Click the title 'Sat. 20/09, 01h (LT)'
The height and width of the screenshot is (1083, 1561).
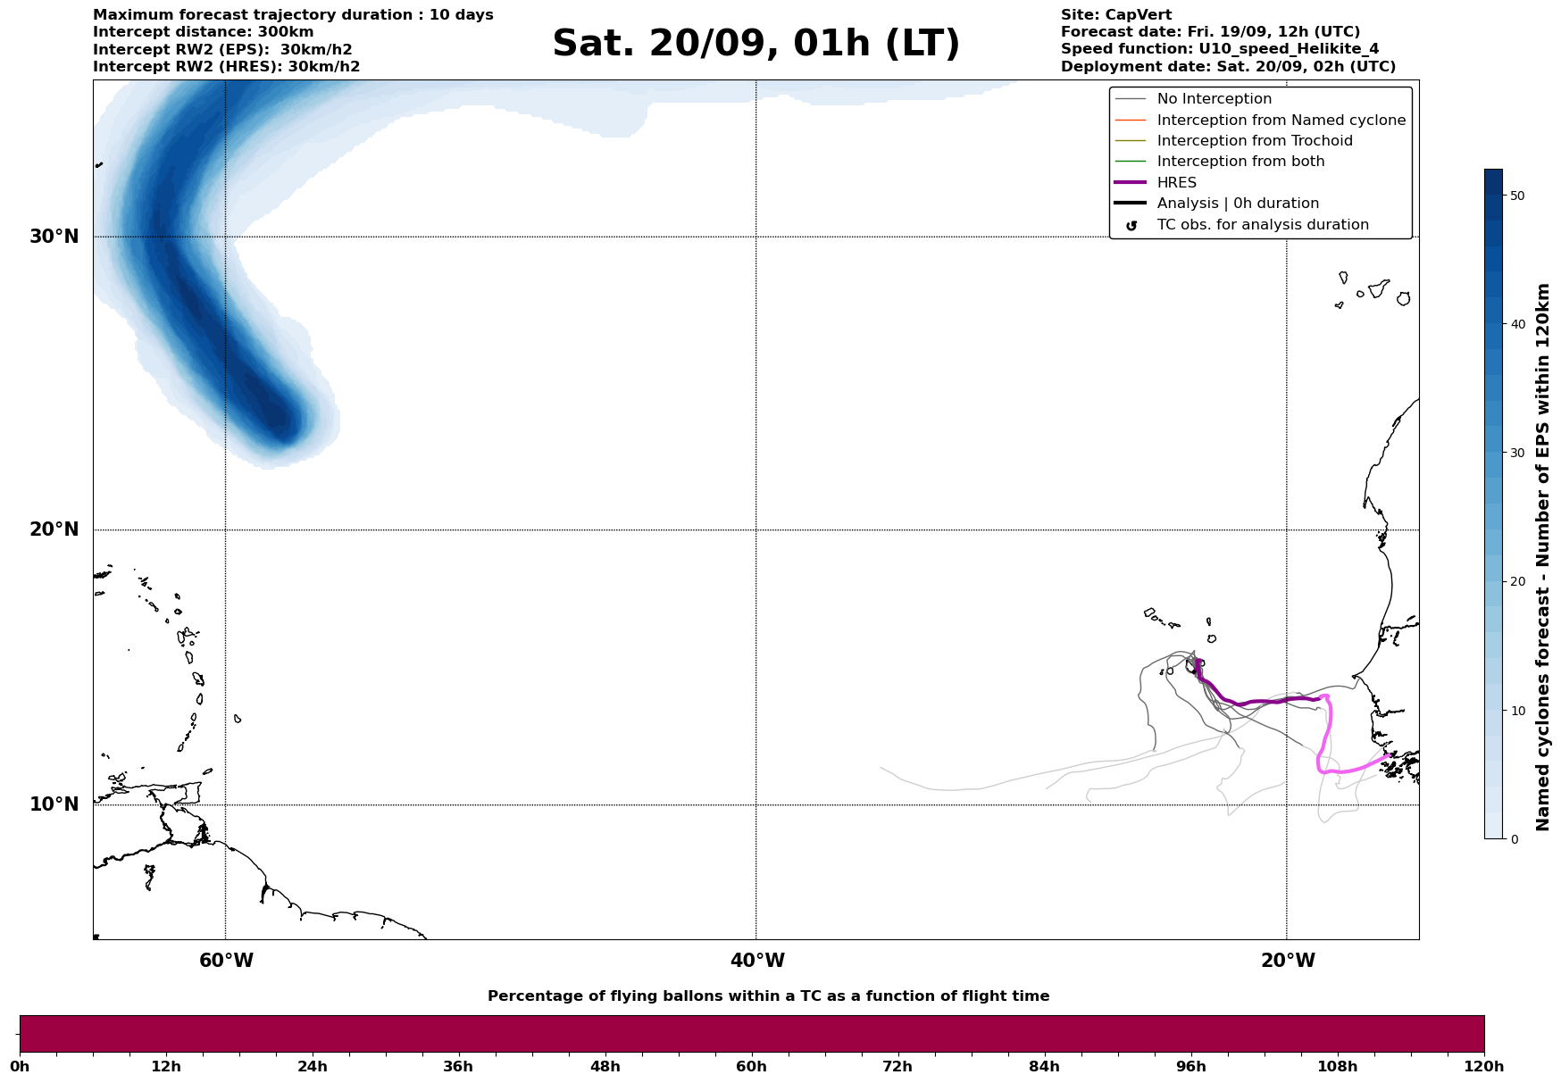pos(755,44)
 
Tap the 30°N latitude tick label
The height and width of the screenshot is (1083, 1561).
pos(54,237)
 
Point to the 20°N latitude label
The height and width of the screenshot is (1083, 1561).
pos(54,529)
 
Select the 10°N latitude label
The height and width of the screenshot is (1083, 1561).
pos(54,804)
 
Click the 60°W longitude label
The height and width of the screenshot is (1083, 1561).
pos(226,961)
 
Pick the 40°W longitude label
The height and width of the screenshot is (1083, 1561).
pos(757,961)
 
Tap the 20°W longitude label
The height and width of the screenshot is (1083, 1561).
pos(1288,961)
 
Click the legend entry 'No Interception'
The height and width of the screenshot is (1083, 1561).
pos(1214,99)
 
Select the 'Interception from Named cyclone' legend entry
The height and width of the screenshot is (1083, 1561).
pos(1281,121)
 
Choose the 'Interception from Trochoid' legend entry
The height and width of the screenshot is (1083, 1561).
pos(1254,141)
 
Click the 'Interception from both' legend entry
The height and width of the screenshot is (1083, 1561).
pos(1240,162)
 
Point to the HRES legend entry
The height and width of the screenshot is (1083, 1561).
pos(1176,183)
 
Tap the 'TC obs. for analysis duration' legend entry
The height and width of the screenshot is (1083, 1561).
pos(1262,225)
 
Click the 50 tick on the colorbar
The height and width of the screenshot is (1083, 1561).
pos(1517,196)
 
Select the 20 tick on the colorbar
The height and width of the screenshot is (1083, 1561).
pos(1517,582)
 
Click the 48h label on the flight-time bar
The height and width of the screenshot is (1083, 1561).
pos(605,1067)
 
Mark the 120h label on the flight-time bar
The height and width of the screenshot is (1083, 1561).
pos(1484,1067)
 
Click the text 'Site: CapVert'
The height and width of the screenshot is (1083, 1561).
pos(1115,15)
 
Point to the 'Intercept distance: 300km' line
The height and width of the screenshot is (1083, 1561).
pos(203,32)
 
